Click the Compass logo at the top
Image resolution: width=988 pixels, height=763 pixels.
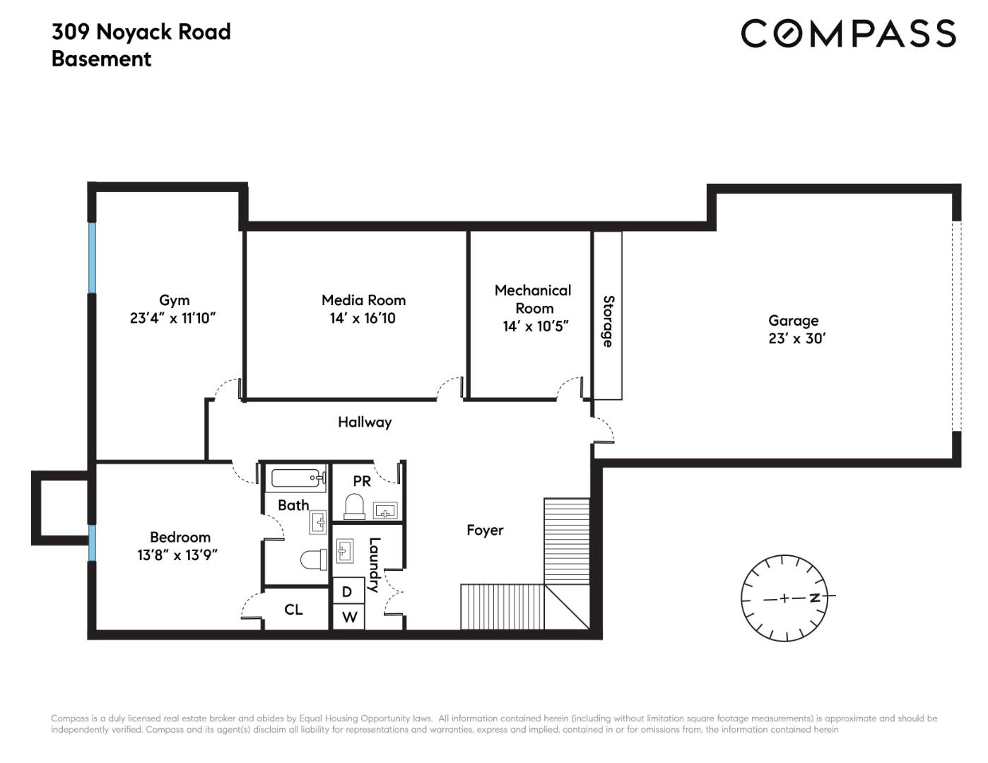[848, 33]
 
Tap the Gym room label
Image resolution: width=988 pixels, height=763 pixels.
[174, 300]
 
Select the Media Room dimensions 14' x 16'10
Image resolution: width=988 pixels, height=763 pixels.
[363, 318]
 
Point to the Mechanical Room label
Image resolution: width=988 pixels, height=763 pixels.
[533, 299]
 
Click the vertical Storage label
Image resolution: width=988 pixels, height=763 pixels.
[608, 321]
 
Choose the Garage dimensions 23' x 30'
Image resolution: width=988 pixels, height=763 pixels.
[796, 338]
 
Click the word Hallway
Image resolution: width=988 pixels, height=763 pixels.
[365, 422]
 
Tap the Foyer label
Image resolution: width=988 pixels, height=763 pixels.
[485, 531]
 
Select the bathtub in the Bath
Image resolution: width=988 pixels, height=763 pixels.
[298, 478]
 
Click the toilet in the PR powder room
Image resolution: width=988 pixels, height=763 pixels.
[355, 507]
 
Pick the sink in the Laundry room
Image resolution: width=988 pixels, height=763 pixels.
[345, 551]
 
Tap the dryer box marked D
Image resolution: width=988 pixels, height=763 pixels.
[348, 591]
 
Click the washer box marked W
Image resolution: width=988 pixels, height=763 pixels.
[348, 617]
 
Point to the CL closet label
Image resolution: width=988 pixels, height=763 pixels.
[293, 610]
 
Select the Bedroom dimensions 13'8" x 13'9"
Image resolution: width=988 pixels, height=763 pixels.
[177, 555]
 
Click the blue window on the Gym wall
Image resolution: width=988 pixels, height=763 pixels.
[93, 258]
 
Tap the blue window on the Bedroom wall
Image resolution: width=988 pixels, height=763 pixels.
[93, 543]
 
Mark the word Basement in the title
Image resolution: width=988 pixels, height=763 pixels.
[101, 59]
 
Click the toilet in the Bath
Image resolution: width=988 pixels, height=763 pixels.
[314, 560]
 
